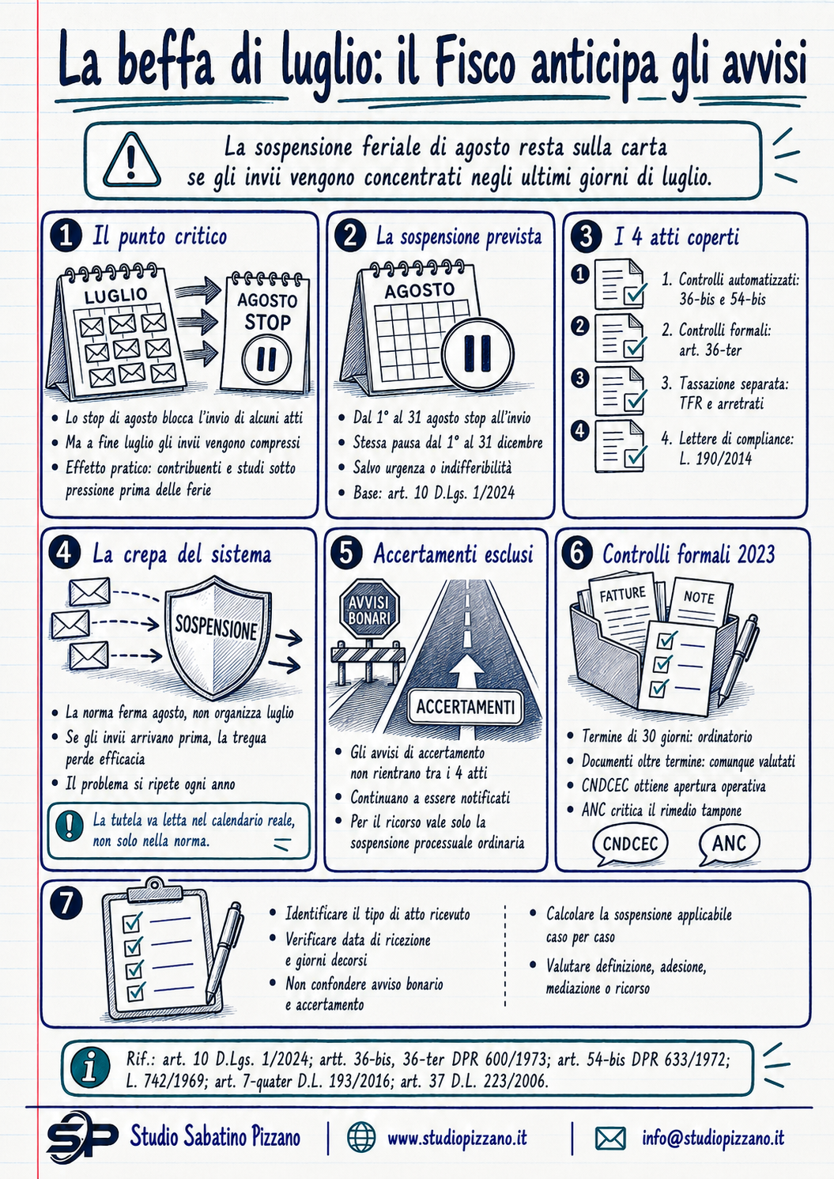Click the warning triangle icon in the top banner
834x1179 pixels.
pyautogui.click(x=131, y=160)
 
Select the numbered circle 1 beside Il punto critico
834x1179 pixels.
pyautogui.click(x=66, y=236)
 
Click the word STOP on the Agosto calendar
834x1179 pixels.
pyautogui.click(x=267, y=322)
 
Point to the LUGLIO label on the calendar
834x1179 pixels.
pyautogui.click(x=115, y=295)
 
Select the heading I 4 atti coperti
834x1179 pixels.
pyautogui.click(x=676, y=237)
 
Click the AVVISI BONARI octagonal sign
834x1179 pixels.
pyautogui.click(x=369, y=610)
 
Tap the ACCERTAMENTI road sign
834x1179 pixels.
pyautogui.click(x=465, y=706)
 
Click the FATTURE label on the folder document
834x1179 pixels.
pyautogui.click(x=622, y=594)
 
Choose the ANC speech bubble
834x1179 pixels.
pyautogui.click(x=729, y=844)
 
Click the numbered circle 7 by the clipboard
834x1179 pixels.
pyautogui.click(x=66, y=903)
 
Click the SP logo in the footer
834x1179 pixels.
pyautogui.click(x=81, y=1137)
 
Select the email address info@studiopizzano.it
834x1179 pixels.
pyautogui.click(x=712, y=1137)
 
